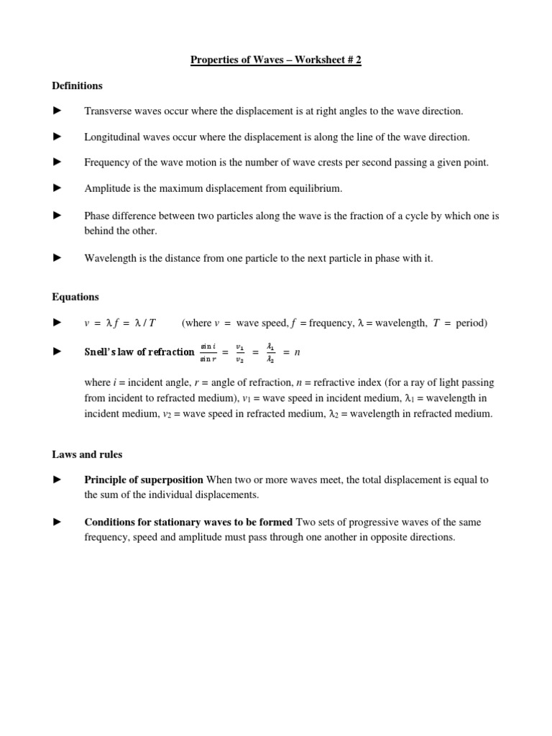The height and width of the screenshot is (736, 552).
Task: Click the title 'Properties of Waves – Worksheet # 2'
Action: point(275,60)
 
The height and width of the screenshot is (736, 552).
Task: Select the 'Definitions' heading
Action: point(77,86)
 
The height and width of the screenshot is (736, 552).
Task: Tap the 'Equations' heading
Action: point(75,297)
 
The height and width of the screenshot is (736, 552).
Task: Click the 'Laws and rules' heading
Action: point(87,454)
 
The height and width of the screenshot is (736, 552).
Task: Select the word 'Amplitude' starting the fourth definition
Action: point(106,188)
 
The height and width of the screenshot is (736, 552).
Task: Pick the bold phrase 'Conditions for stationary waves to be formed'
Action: point(188,522)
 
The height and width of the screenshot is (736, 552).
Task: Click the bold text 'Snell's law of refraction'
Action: point(139,351)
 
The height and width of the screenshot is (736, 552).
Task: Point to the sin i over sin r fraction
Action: point(210,351)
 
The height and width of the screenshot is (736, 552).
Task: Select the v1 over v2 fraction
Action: point(240,351)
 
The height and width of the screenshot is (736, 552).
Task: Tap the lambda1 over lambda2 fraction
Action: point(270,351)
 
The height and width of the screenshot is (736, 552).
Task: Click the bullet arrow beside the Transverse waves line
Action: point(57,111)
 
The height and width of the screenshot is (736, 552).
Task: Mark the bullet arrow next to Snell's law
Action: point(57,351)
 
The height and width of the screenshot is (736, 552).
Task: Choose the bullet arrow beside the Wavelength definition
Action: point(57,257)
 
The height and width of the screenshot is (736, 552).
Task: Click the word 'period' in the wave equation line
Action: point(471,323)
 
